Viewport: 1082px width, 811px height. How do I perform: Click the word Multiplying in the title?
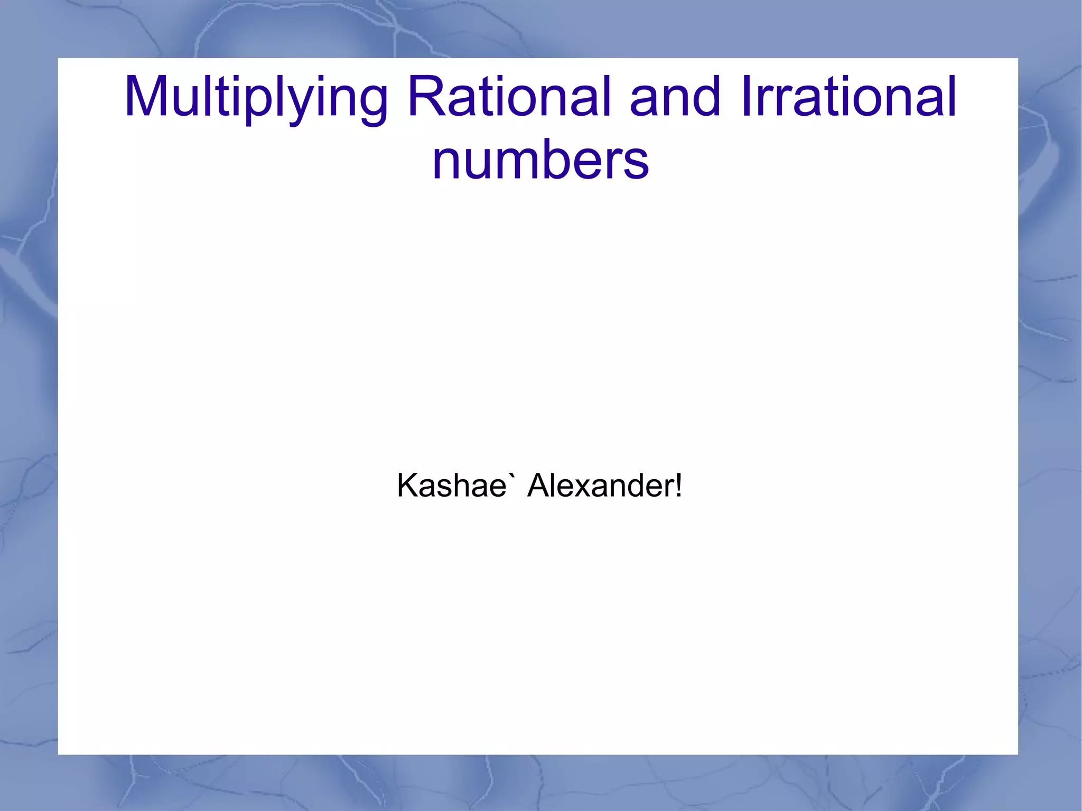256,98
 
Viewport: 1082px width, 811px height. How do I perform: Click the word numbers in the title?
540,160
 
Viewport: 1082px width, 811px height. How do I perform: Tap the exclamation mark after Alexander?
678,484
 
